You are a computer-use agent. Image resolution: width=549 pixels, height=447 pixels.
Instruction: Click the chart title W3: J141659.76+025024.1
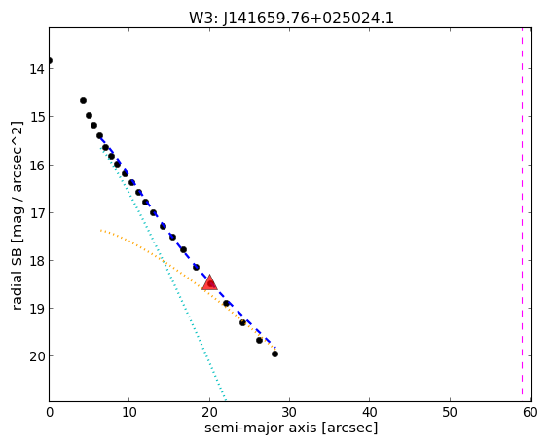click(291, 18)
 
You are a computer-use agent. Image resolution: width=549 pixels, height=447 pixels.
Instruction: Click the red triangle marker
click(209, 283)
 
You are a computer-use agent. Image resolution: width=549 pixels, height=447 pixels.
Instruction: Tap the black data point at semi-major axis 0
click(50, 61)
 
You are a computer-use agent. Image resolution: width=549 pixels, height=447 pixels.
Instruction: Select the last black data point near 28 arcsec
click(274, 354)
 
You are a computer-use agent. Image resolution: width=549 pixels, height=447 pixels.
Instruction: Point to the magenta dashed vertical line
click(522, 214)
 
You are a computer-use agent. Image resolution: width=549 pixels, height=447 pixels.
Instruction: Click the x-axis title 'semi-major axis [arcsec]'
click(291, 428)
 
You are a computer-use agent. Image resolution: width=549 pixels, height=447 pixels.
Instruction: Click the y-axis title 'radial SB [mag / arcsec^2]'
click(17, 215)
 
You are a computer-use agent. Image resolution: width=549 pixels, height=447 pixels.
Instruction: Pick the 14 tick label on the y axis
click(37, 69)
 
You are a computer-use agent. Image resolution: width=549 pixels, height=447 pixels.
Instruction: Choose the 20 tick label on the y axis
click(37, 356)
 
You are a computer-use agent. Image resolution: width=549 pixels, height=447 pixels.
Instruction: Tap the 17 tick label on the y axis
click(37, 213)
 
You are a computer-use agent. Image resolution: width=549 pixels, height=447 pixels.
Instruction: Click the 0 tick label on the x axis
click(50, 412)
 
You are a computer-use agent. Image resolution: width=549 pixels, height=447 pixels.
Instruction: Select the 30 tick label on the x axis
click(289, 412)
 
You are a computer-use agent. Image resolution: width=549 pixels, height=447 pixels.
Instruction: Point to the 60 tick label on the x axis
click(531, 412)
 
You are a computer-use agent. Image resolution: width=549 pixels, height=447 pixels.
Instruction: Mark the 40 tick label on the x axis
click(369, 412)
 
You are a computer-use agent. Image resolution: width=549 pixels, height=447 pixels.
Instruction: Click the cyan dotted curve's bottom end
click(226, 399)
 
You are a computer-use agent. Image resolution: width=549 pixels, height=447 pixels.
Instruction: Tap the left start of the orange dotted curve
click(101, 230)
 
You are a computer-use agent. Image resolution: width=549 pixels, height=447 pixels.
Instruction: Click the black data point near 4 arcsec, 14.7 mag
click(83, 101)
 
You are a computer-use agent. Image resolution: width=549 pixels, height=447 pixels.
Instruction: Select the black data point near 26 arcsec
click(259, 340)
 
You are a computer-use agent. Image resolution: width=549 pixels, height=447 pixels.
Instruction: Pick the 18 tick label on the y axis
click(37, 261)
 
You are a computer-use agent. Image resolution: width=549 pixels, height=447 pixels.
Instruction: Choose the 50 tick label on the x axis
click(450, 412)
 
